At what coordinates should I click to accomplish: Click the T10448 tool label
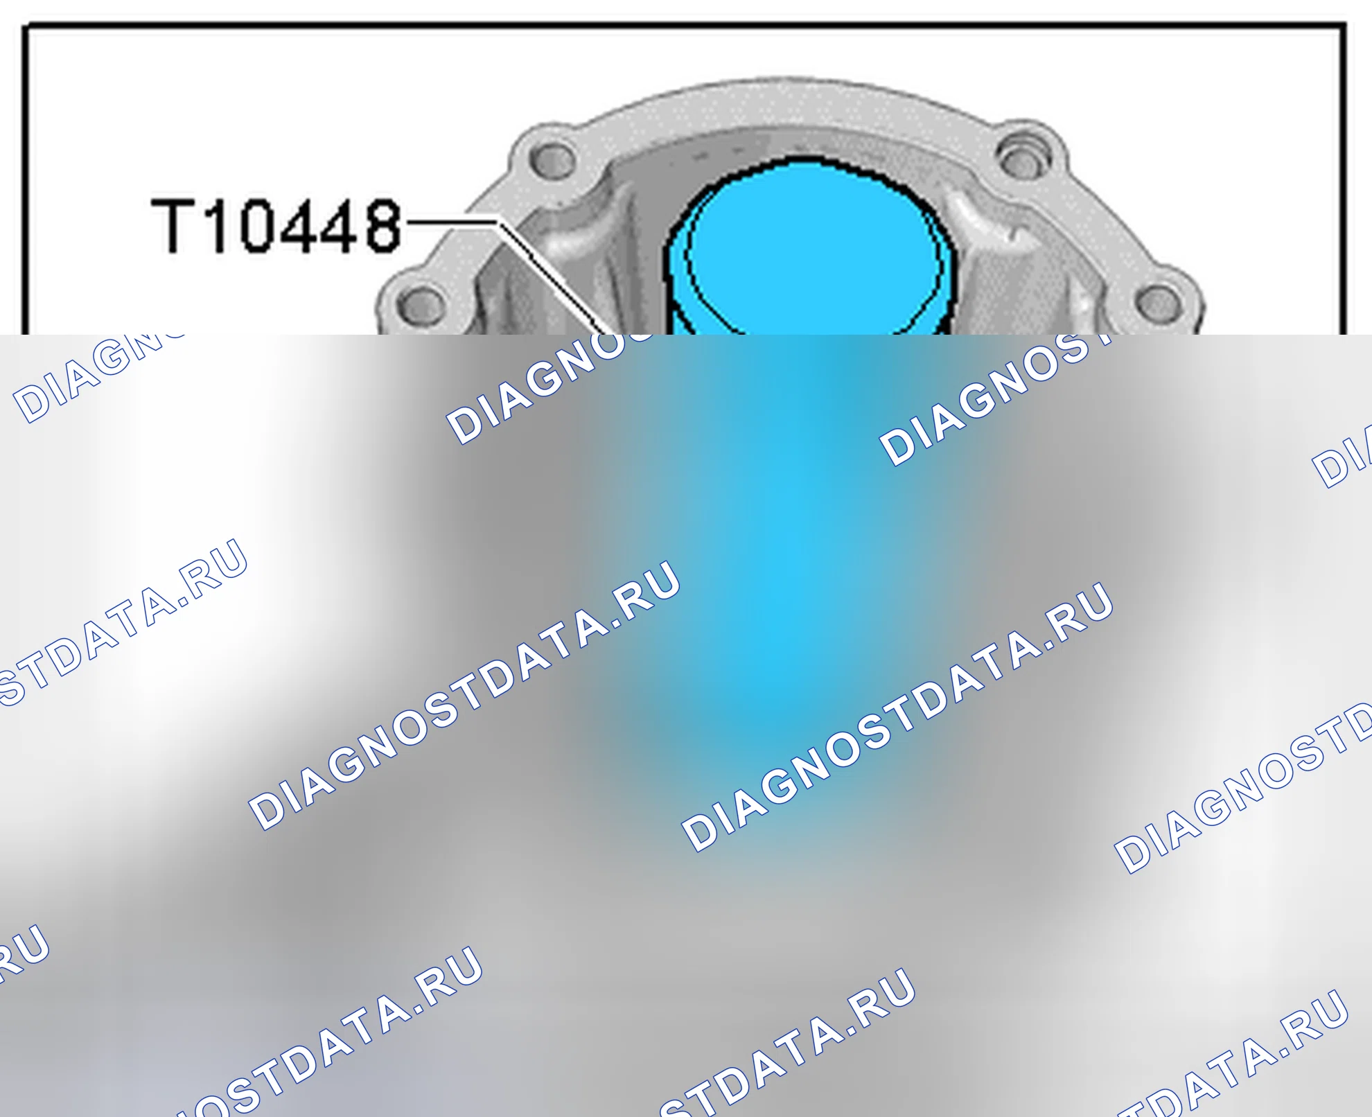pyautogui.click(x=276, y=226)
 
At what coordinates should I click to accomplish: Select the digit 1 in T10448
pyautogui.click(x=216, y=226)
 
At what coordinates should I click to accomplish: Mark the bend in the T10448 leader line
pyautogui.click(x=498, y=222)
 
